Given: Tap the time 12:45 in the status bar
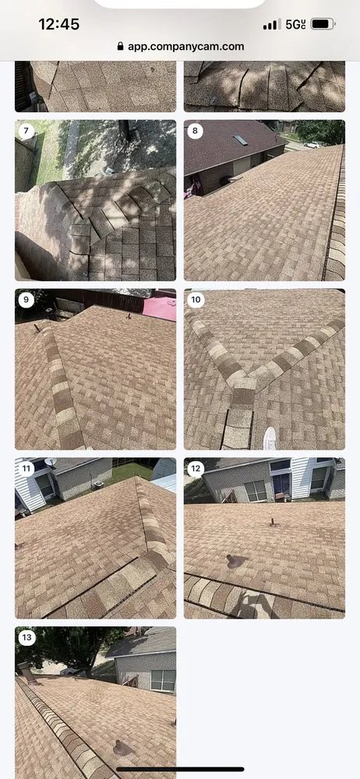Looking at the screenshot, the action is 59,24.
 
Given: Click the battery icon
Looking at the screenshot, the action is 323,24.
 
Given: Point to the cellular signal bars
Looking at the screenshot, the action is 272,24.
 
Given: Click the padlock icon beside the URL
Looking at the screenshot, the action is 120,46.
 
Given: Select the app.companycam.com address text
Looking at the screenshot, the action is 186,47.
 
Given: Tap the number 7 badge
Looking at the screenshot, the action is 26,131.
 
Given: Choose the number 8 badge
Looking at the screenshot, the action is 195,131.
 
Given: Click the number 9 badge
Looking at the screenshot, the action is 26,300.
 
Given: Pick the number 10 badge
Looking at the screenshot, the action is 196,300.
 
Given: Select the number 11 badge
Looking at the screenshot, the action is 26,469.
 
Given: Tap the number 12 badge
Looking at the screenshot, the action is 196,469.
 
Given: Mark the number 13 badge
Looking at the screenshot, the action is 26,638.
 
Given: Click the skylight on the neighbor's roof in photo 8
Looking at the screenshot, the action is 241,140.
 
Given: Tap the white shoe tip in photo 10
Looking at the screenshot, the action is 270,437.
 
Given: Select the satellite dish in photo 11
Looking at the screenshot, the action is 50,463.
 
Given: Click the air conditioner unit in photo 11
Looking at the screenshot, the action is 97,484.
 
